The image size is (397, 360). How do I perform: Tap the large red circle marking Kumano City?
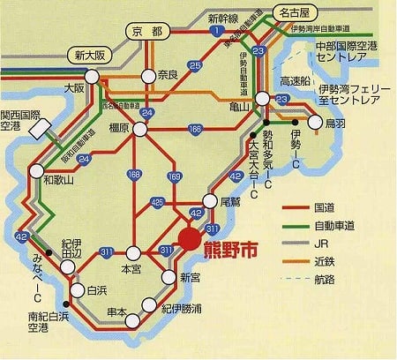pos(190,239)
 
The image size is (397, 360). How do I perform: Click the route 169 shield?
pos(175,179)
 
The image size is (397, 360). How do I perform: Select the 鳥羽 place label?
pos(335,124)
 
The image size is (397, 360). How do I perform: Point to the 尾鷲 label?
pos(229,200)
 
